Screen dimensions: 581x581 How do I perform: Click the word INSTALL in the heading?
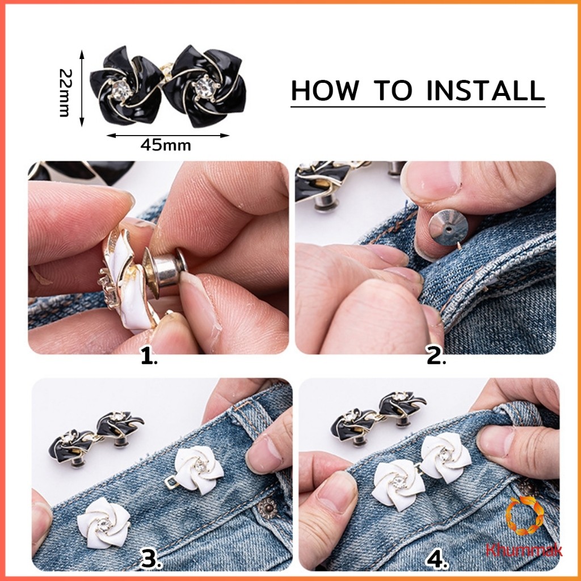(486, 90)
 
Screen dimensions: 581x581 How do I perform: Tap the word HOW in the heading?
(325, 90)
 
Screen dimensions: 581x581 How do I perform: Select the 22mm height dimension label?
(65, 92)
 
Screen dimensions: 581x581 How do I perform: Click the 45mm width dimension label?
(166, 145)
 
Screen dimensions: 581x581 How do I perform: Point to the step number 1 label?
(149, 357)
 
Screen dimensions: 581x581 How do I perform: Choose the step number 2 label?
(436, 357)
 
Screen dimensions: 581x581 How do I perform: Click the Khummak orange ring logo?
(525, 516)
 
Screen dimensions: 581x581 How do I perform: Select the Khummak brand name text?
(524, 550)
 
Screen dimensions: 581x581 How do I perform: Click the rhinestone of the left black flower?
(120, 90)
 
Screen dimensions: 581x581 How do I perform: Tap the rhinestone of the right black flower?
(204, 86)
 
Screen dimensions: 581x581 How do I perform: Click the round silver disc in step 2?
(448, 228)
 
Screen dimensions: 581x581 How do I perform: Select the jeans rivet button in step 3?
(267, 508)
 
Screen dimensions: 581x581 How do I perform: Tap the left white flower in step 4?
(398, 485)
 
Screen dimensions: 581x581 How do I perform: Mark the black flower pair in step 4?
(377, 416)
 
